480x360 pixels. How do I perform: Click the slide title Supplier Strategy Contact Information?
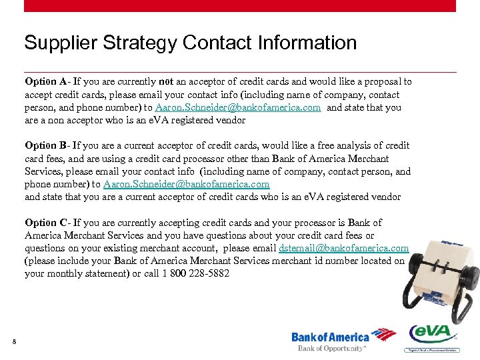(x=191, y=43)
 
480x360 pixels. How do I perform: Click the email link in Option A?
(x=238, y=107)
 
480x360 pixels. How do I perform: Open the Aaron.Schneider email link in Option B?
(x=187, y=184)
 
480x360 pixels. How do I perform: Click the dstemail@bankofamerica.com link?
(x=344, y=248)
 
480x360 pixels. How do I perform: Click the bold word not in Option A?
(x=166, y=82)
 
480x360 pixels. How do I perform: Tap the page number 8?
(x=14, y=343)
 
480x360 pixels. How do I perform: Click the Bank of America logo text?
(x=330, y=337)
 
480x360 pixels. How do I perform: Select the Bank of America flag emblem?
(x=383, y=335)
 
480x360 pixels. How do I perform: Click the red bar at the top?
(x=240, y=5)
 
